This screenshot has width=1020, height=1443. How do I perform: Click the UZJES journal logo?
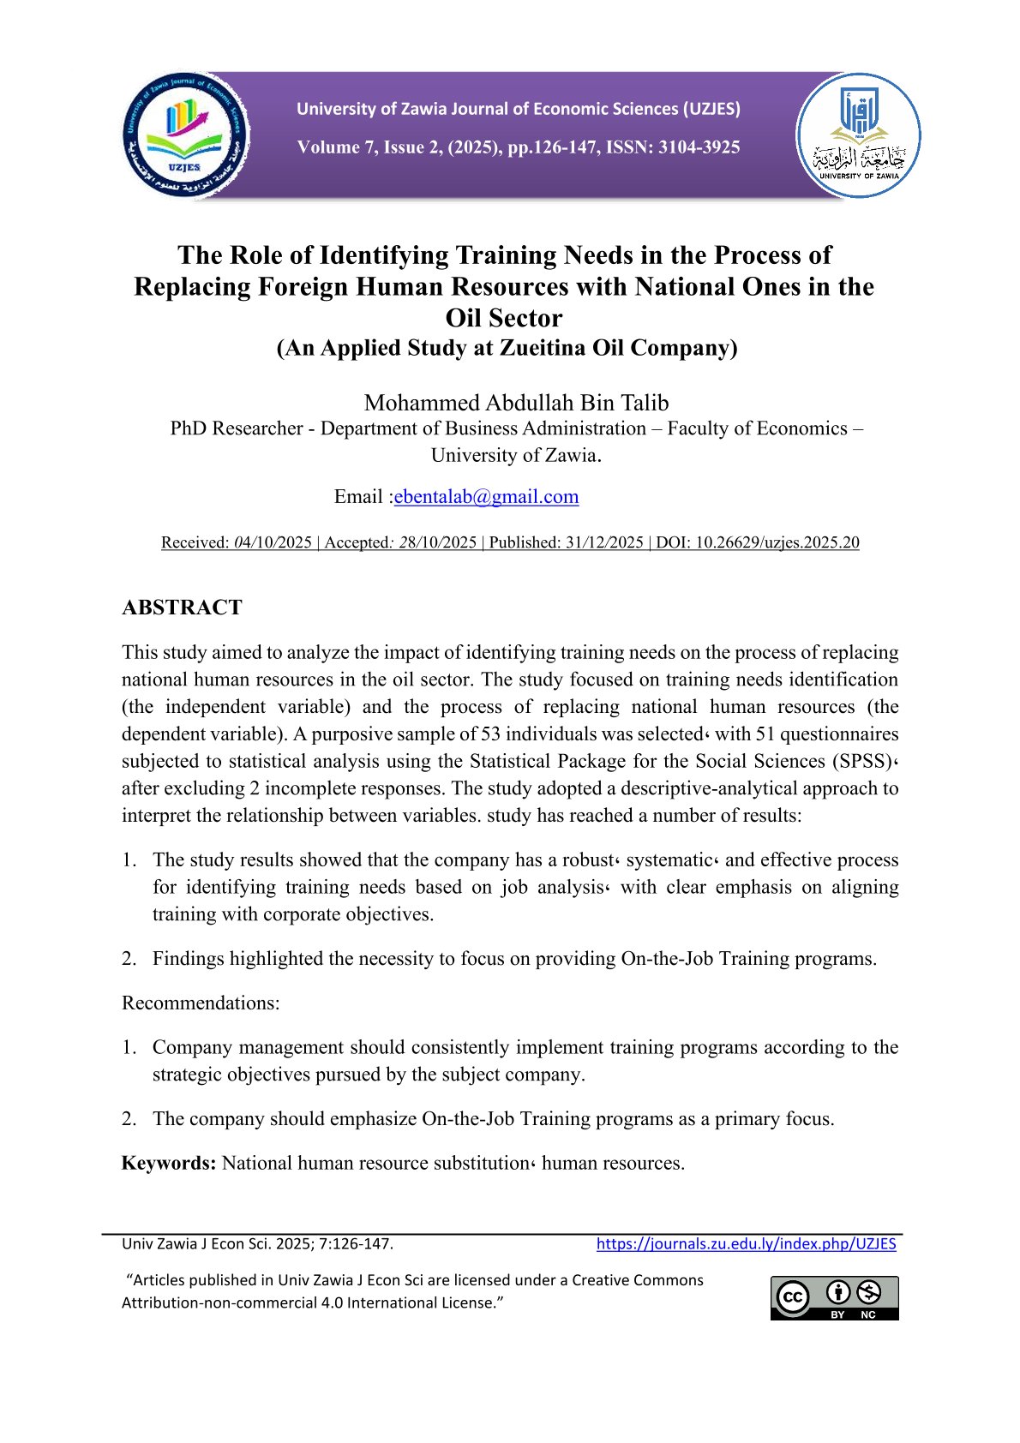186,135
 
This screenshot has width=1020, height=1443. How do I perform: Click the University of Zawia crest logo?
858,135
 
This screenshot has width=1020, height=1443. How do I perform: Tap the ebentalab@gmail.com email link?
486,497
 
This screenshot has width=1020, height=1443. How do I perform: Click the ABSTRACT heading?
182,608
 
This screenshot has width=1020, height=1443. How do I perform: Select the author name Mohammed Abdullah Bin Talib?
516,403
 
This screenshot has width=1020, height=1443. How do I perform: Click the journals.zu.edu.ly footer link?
746,1244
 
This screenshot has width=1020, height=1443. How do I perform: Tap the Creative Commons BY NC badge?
834,1298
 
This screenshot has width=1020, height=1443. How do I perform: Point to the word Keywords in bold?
169,1163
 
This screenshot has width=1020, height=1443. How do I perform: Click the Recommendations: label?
201,1003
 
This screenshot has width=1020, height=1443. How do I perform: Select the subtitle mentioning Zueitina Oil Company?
507,348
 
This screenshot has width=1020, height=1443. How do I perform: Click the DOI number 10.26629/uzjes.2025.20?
777,542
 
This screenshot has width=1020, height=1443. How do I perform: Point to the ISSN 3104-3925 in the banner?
699,147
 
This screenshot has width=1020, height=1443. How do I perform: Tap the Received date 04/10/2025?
273,542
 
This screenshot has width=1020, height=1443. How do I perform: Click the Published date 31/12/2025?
603,542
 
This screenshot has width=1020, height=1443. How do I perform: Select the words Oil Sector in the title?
504,318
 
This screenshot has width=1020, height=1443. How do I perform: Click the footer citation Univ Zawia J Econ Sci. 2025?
257,1244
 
